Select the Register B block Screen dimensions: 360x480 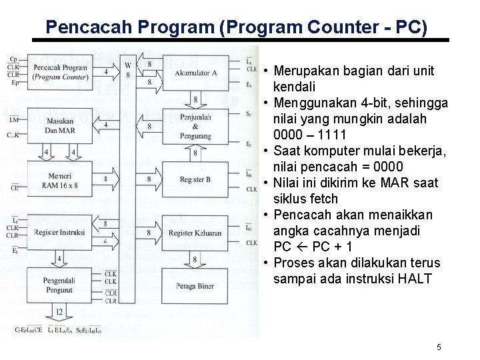pos(195,179)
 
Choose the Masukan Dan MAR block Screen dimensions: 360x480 pos(59,125)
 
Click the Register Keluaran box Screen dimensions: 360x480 pos(195,233)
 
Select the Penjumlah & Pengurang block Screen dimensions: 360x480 pos(195,126)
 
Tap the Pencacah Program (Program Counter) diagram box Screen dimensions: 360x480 pos(59,72)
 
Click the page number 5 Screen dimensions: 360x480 pos(439,347)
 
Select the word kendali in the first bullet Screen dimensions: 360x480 pos(295,87)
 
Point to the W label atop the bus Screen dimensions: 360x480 pos(127,65)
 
